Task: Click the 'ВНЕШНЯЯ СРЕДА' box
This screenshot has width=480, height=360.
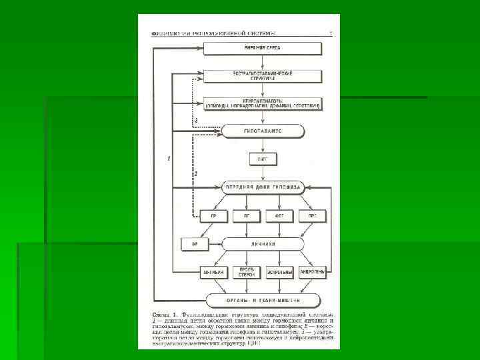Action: (x=263, y=49)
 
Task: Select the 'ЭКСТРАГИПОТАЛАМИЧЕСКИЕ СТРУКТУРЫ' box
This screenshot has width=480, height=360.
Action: (x=263, y=76)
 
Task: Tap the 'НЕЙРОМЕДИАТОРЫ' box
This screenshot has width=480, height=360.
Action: (x=263, y=103)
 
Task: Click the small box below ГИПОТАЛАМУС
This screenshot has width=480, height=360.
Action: (x=263, y=159)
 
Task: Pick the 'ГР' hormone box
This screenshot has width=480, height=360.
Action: (x=213, y=216)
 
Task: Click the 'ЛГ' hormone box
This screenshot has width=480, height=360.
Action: (x=246, y=216)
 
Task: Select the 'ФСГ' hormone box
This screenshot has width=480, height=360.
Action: (x=279, y=216)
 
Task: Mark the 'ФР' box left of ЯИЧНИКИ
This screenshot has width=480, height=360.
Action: (x=195, y=244)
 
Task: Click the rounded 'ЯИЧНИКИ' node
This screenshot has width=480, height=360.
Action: (x=263, y=244)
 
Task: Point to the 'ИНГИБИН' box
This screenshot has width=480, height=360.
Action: (x=213, y=273)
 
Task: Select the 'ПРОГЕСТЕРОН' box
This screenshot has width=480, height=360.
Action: (x=246, y=273)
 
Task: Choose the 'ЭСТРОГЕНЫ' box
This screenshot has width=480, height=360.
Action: (x=279, y=273)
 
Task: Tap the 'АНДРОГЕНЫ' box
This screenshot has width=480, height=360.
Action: (x=312, y=273)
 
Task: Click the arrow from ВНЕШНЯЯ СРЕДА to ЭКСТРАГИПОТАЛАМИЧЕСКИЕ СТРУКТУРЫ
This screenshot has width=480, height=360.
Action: (x=263, y=62)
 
